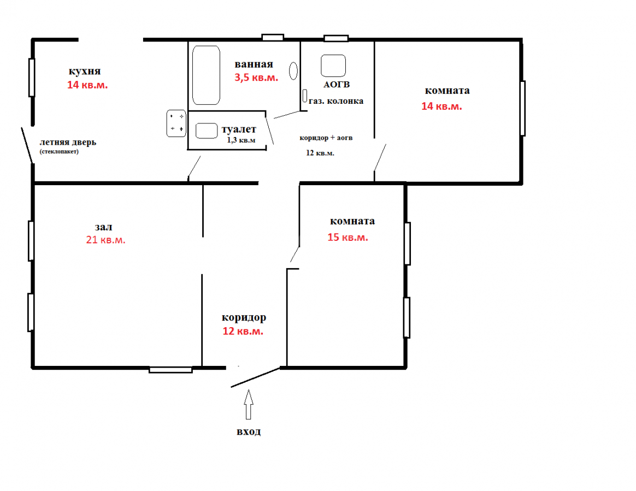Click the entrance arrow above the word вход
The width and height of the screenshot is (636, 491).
point(249,405)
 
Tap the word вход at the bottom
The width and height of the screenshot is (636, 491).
point(249,431)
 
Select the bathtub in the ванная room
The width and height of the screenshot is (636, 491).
point(206,75)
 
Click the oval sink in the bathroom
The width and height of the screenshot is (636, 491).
point(293,71)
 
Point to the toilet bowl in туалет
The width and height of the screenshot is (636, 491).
point(207,131)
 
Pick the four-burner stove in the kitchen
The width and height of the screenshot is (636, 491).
point(176,123)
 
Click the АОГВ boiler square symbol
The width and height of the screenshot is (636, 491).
point(333,66)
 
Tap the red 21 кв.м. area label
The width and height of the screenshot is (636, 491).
point(106,240)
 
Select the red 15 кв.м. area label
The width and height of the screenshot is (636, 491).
point(348,237)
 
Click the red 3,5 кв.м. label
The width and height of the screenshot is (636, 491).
point(256,78)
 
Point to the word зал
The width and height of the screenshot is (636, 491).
point(103,227)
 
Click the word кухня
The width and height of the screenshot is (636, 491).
point(84,72)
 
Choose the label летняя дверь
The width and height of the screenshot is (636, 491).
point(68,143)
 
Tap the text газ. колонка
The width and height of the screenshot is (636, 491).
point(336,101)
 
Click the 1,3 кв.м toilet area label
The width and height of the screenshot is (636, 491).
point(241,140)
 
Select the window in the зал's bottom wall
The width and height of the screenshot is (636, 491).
point(170,370)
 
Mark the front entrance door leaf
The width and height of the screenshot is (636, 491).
point(256,377)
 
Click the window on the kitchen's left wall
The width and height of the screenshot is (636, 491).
point(31,78)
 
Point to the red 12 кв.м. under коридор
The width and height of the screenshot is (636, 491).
point(243,332)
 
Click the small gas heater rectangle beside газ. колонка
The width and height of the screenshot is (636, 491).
point(305,96)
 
